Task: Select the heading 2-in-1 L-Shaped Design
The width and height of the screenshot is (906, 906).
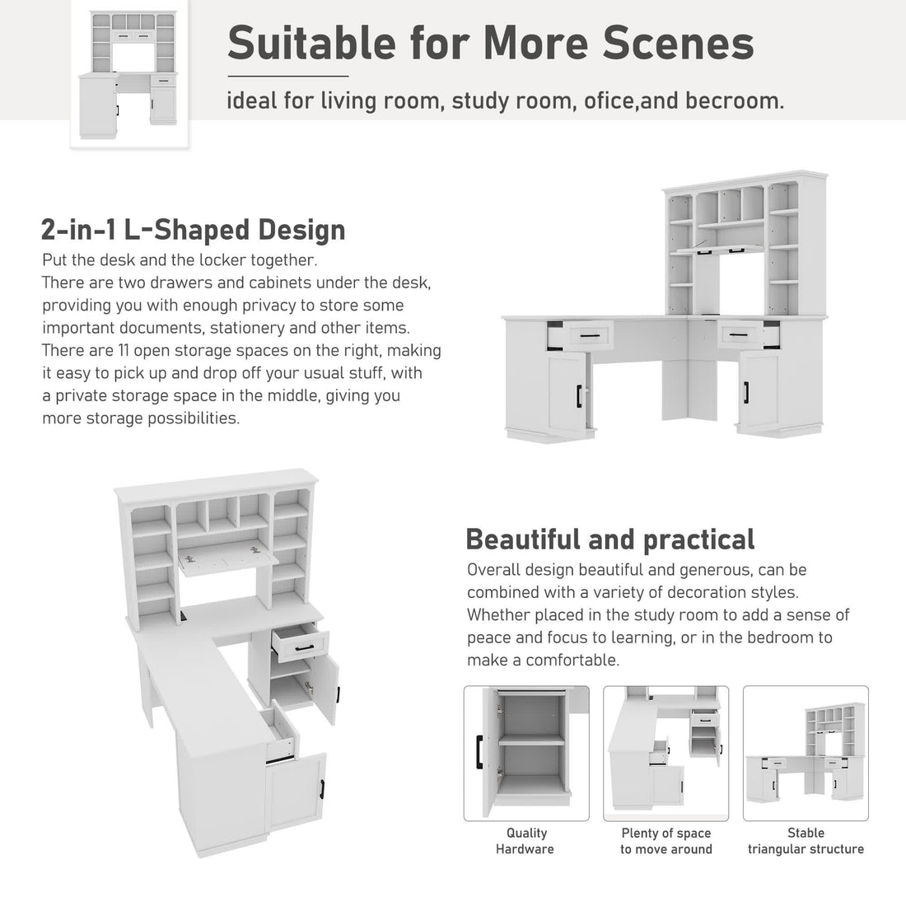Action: [193, 230]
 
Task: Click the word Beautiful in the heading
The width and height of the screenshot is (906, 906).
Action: [523, 539]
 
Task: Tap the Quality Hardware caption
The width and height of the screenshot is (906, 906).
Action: [525, 841]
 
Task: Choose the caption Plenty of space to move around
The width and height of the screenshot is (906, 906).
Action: [666, 841]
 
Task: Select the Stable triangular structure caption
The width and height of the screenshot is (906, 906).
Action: [806, 841]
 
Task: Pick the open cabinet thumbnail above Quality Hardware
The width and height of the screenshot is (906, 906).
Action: [526, 754]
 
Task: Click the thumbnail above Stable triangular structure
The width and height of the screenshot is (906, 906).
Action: [806, 754]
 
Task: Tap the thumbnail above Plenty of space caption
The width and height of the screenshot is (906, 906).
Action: [666, 754]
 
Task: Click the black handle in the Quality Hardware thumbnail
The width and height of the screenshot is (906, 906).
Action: [479, 752]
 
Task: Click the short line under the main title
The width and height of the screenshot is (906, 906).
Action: [287, 76]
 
